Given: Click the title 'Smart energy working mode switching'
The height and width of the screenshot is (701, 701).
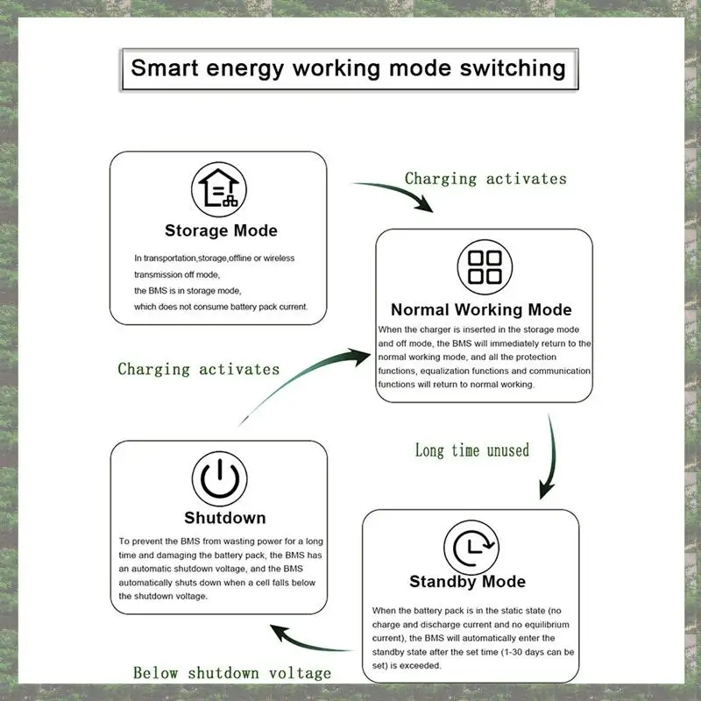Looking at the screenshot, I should click(349, 67).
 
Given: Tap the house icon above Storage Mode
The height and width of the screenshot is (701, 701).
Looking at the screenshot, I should click(219, 188).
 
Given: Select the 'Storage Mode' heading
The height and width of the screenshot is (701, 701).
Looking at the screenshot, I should click(221, 231).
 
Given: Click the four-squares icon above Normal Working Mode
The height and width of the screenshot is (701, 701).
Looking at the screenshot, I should click(485, 266).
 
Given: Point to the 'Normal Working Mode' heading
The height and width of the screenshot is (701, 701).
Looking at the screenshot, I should click(481, 309).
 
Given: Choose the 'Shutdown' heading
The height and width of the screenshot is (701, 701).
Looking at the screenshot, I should click(224, 518).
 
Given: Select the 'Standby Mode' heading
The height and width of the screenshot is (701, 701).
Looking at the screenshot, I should click(468, 582).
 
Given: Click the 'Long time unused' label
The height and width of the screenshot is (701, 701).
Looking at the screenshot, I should click(472, 450).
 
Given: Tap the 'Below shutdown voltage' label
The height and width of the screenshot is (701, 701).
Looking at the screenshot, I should click(232, 673).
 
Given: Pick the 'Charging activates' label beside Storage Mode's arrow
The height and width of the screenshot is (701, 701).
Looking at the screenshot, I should click(485, 179).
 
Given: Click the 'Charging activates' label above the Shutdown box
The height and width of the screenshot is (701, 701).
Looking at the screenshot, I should click(199, 369).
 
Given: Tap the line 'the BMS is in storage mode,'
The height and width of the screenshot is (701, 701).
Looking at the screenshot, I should click(188, 290).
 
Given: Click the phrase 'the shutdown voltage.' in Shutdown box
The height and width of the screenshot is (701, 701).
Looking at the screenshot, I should click(163, 596).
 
